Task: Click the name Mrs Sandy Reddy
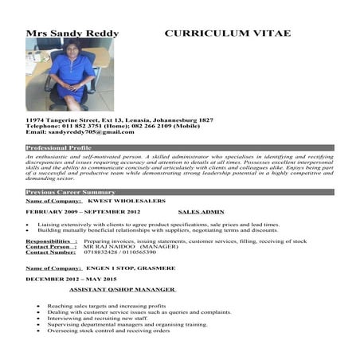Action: (72, 33)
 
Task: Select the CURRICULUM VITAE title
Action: (227, 33)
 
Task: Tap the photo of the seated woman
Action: (69, 73)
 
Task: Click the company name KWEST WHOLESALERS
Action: (131, 202)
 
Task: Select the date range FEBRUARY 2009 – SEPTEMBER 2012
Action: (83, 213)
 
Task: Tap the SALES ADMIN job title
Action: (201, 213)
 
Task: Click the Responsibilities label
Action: (51, 241)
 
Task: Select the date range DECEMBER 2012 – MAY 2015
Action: (71, 280)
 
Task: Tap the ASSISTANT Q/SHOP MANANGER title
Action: (123, 289)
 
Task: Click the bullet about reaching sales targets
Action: (107, 306)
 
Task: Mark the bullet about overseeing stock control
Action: (109, 331)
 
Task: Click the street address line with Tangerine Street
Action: (119, 119)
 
